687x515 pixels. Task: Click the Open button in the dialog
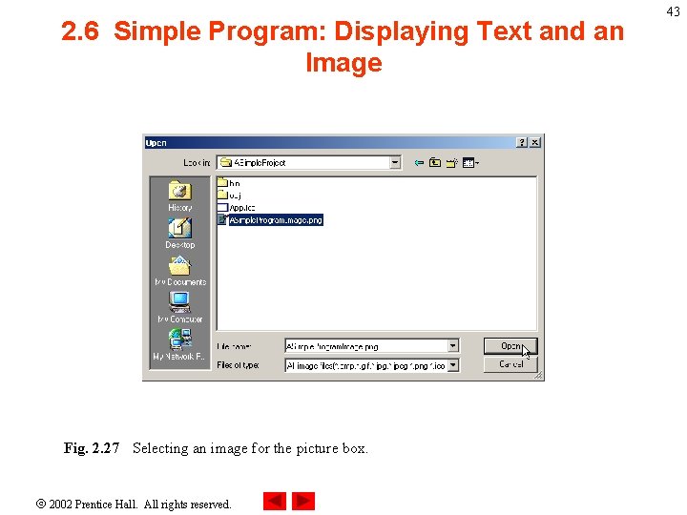[x=510, y=346]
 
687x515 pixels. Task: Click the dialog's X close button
[x=535, y=143]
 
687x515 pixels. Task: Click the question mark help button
[x=522, y=143]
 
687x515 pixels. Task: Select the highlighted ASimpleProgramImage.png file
[x=275, y=219]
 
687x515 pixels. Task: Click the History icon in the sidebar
[x=179, y=195]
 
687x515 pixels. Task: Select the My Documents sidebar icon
[x=179, y=270]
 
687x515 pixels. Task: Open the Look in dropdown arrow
[x=395, y=163]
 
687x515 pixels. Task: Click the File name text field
[x=366, y=346]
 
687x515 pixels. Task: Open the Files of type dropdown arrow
[x=453, y=365]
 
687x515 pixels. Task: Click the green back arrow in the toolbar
[x=418, y=163]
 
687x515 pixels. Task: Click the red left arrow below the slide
[x=275, y=501]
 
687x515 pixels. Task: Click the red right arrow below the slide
[x=303, y=501]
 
